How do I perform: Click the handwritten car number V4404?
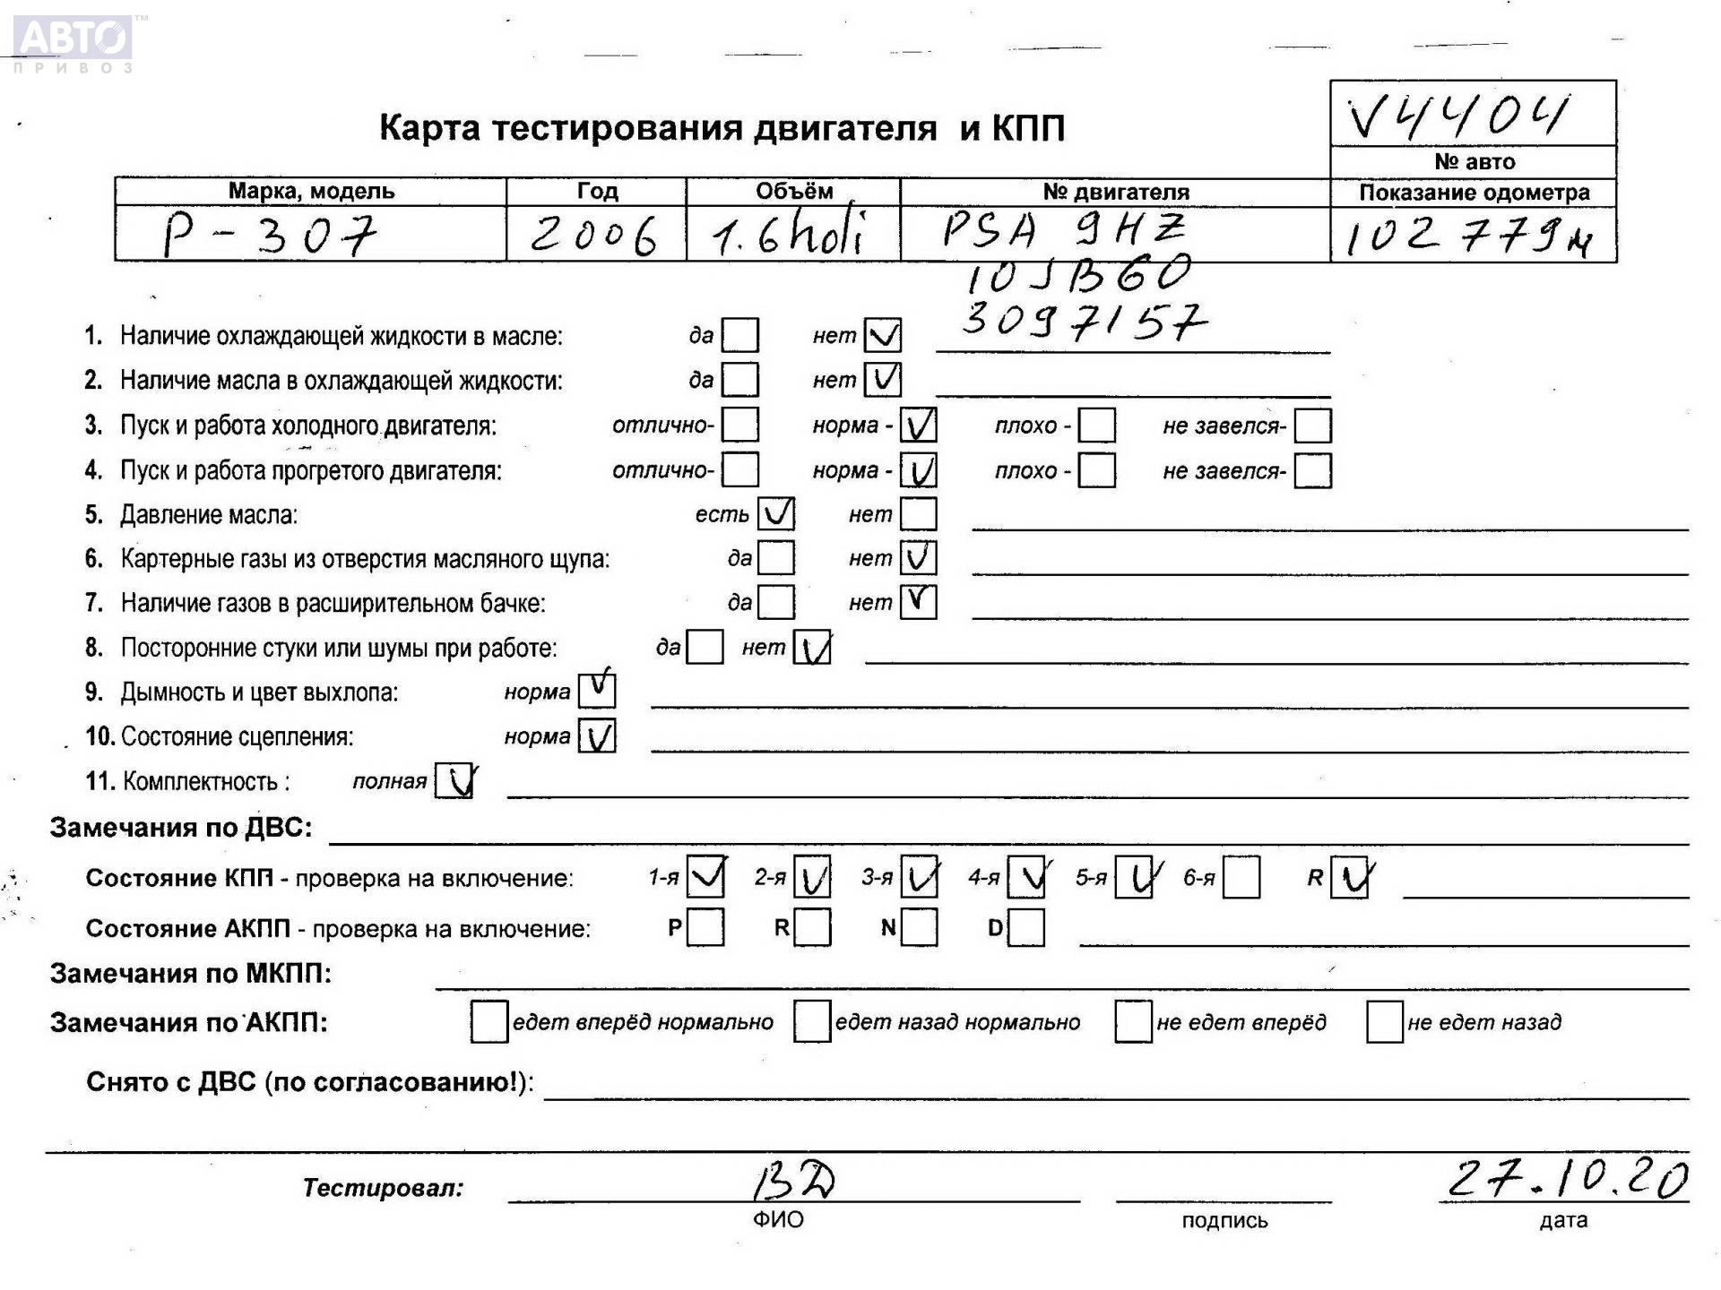tap(1459, 116)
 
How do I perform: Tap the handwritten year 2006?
tap(593, 236)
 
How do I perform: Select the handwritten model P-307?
tap(269, 235)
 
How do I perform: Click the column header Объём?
tap(793, 192)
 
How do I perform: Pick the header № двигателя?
tap(1115, 192)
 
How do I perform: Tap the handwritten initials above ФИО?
tap(793, 1182)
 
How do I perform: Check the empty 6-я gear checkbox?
tap(1241, 877)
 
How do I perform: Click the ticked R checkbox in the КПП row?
tap(1349, 877)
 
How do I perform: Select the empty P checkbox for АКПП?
tap(705, 928)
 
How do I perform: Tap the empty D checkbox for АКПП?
tap(1026, 928)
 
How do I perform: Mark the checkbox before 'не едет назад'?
tap(1383, 1022)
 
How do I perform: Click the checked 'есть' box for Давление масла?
tap(775, 514)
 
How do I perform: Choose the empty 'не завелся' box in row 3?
tap(1312, 426)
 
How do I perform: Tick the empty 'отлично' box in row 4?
tap(740, 470)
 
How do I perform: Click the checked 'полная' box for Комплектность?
tap(454, 781)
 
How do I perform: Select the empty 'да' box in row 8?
tap(705, 648)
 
